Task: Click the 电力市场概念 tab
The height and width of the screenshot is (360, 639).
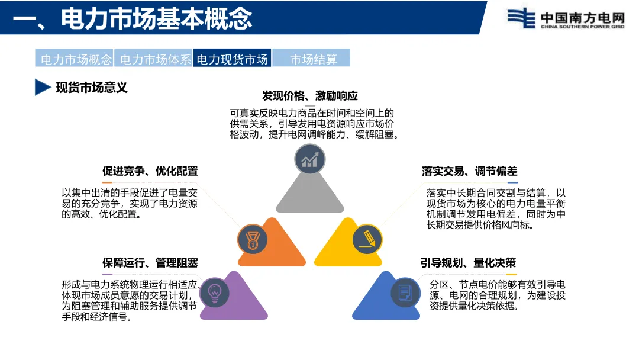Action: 75,59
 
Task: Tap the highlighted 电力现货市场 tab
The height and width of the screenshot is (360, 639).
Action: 232,59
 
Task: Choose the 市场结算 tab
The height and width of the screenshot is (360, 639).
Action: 313,59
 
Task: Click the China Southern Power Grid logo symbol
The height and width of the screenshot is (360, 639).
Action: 519,18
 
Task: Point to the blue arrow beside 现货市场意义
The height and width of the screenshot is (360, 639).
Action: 42,88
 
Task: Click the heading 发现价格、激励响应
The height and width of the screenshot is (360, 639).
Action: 309,96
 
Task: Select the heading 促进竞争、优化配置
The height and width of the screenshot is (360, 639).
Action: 150,171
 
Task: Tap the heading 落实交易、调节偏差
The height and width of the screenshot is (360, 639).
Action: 469,171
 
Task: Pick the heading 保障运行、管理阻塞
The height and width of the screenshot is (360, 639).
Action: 150,263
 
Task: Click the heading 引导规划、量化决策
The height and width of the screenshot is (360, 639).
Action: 469,263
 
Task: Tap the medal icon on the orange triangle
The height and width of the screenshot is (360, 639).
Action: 253,239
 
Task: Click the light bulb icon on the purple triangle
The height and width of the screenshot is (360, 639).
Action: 215,292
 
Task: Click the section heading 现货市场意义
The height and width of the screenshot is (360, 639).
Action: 92,88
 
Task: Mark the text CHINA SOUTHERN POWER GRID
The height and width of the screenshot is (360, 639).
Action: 582,27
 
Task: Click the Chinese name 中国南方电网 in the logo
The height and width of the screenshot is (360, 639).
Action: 582,16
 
